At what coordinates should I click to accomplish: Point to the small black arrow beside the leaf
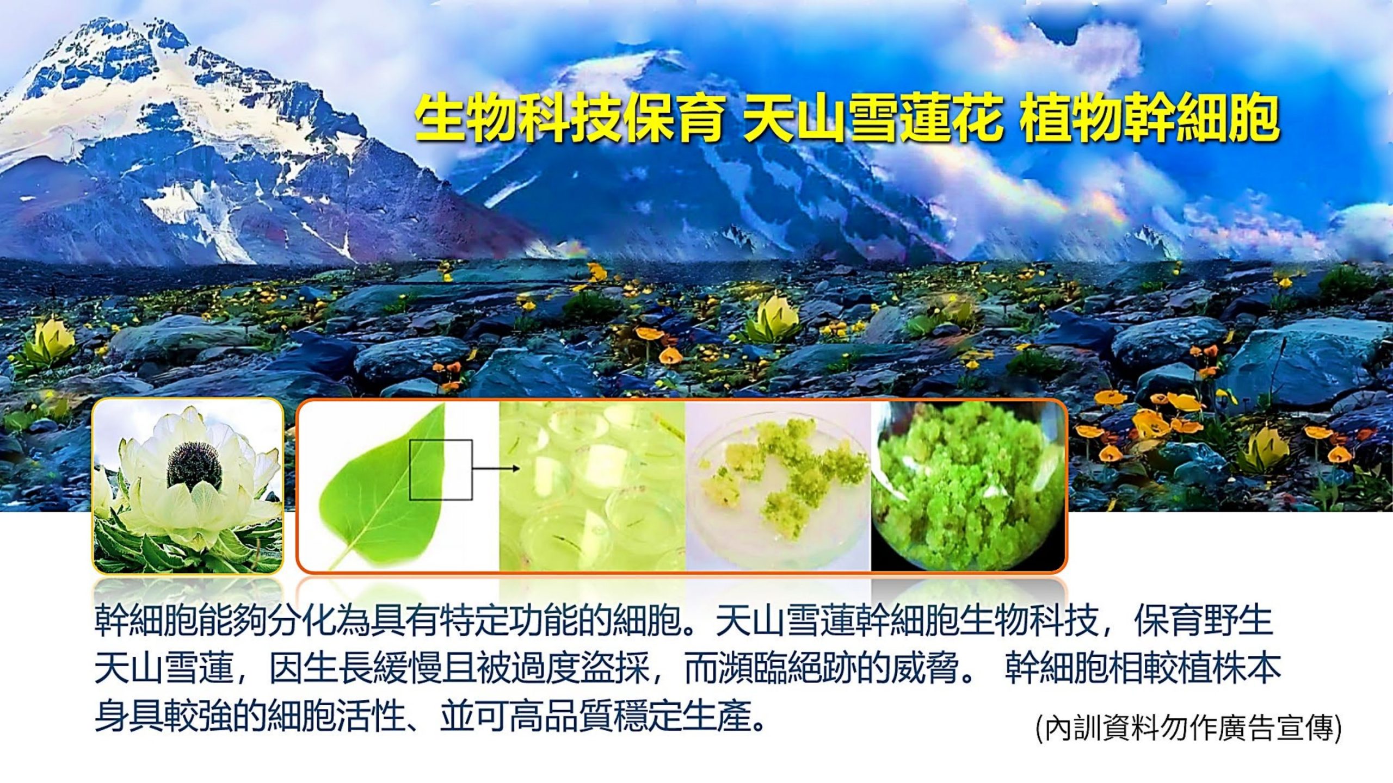point(495,468)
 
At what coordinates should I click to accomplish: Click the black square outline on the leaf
point(441,469)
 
